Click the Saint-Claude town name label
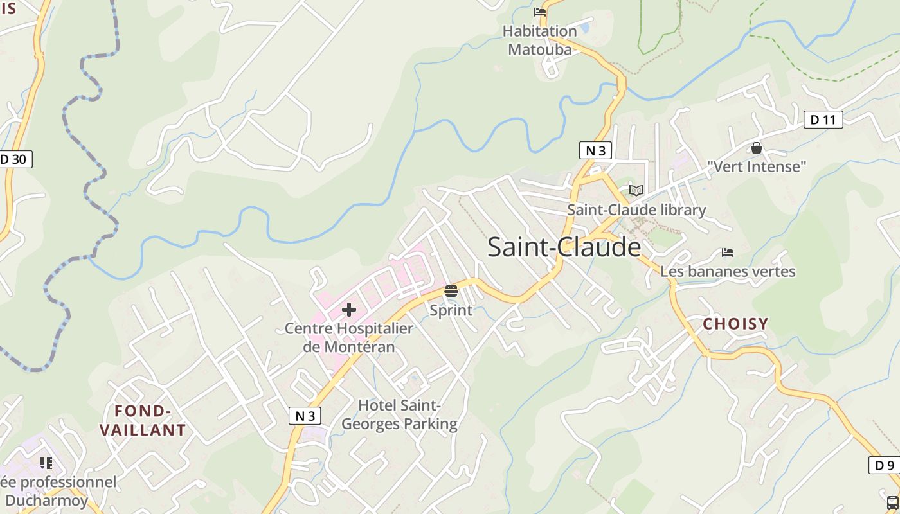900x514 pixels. pyautogui.click(x=564, y=247)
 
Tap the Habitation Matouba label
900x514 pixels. pyautogui.click(x=539, y=40)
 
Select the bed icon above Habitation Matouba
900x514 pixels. pyautogui.click(x=540, y=12)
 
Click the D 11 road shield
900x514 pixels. pyautogui.click(x=823, y=120)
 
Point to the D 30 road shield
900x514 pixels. pyautogui.click(x=14, y=159)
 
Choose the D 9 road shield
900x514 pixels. pyautogui.click(x=885, y=465)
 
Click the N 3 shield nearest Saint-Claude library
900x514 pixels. pyautogui.click(x=595, y=150)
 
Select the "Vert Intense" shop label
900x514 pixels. pyautogui.click(x=757, y=167)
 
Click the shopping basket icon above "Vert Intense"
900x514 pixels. pyautogui.click(x=757, y=148)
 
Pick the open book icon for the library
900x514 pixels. pyautogui.click(x=636, y=190)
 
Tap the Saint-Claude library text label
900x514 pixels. pyautogui.click(x=636, y=210)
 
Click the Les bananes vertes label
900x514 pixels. pyautogui.click(x=728, y=271)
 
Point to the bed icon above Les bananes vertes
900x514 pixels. pyautogui.click(x=728, y=252)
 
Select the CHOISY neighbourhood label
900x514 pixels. pyautogui.click(x=735, y=324)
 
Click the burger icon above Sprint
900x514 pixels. pyautogui.click(x=451, y=291)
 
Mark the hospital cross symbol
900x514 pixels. pyautogui.click(x=349, y=310)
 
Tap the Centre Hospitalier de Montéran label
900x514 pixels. pyautogui.click(x=349, y=337)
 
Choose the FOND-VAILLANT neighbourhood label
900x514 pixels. pyautogui.click(x=143, y=420)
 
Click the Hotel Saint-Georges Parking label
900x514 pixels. pyautogui.click(x=399, y=414)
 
